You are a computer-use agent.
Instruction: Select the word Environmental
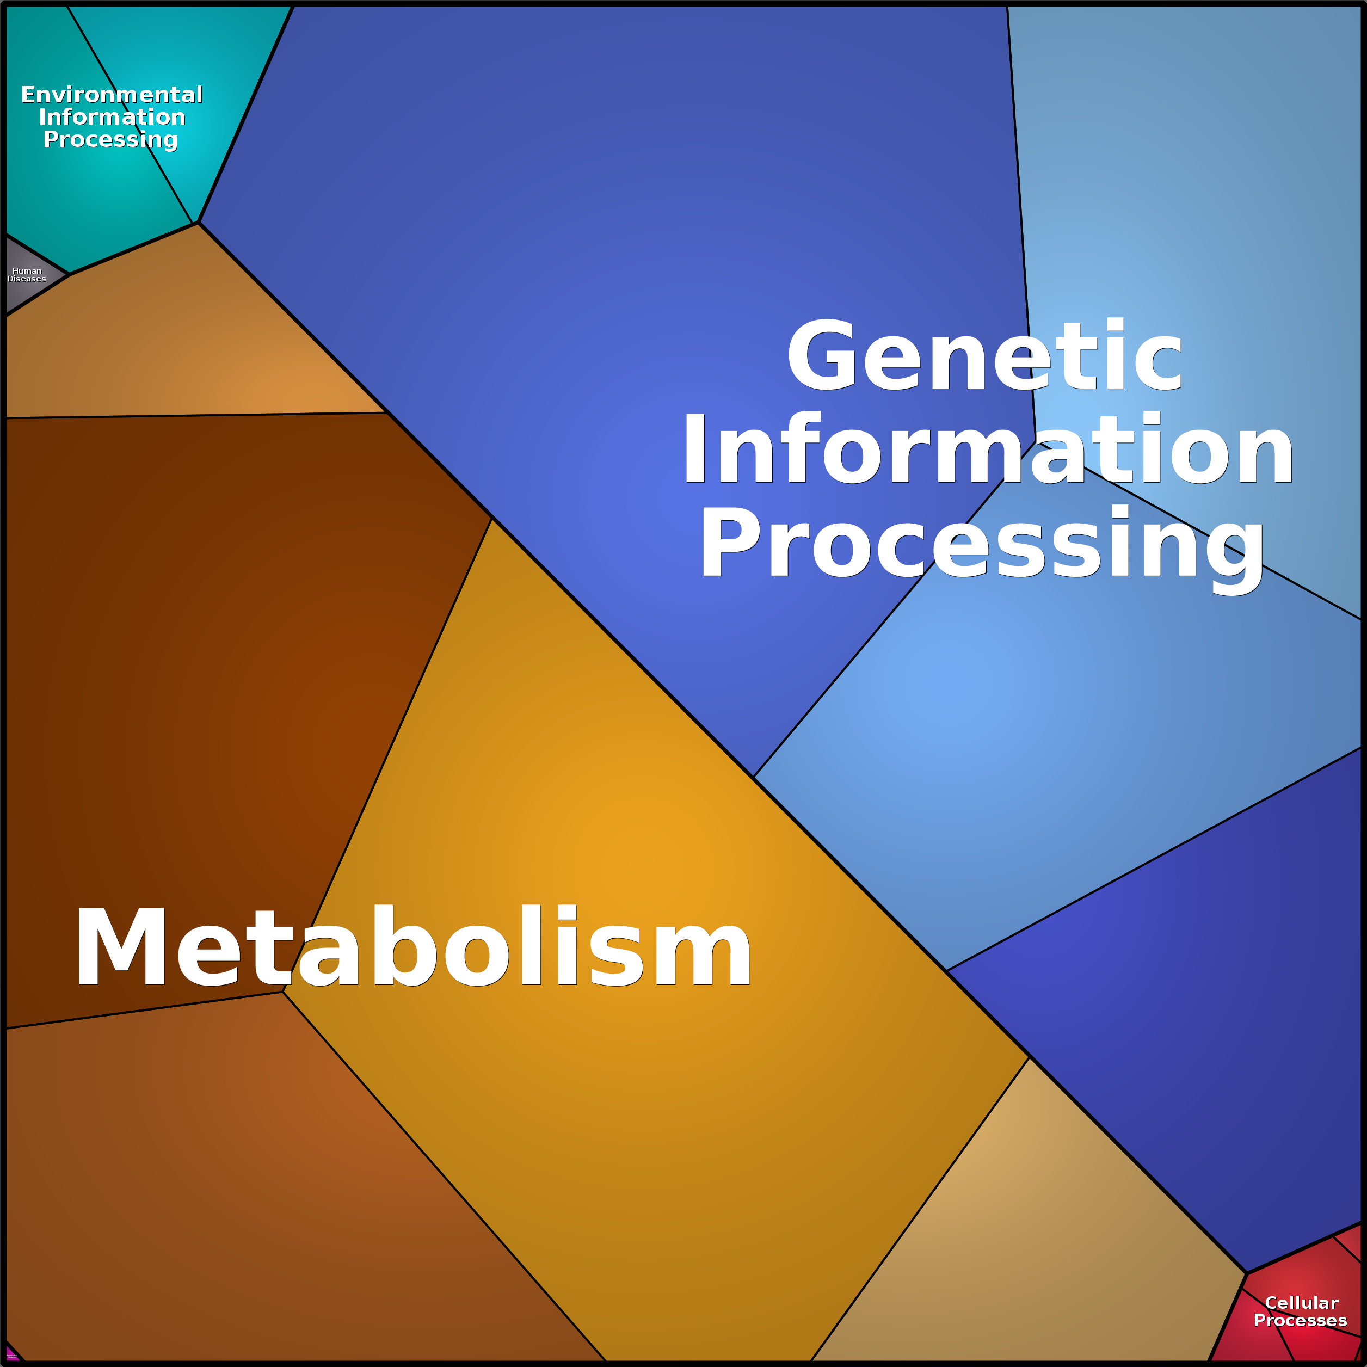coord(112,95)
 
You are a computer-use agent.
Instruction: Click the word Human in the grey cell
coord(27,271)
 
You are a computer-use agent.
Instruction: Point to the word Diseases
coord(27,279)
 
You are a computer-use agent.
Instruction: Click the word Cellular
coord(1301,1303)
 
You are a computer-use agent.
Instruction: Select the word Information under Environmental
coord(112,117)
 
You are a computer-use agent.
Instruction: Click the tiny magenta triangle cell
coord(10,1355)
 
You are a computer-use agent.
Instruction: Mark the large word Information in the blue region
coord(987,450)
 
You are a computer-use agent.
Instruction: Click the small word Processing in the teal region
coord(110,139)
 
